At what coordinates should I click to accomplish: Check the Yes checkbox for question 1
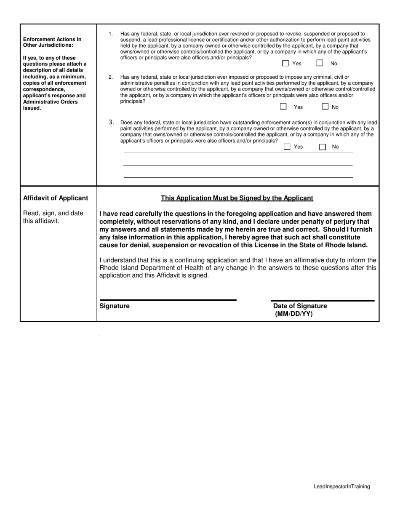(x=285, y=63)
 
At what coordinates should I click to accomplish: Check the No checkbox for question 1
(x=320, y=63)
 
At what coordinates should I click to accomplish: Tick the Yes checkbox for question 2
(x=283, y=107)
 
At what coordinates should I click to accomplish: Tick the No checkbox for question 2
(x=325, y=107)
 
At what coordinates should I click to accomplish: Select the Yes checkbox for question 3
(x=287, y=147)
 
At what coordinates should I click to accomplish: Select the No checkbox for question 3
(x=323, y=147)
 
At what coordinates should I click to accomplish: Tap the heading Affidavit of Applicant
(x=56, y=198)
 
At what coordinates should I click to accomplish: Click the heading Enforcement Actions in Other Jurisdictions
(x=52, y=42)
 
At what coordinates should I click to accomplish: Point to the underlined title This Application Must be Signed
(x=237, y=198)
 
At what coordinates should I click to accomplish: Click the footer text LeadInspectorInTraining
(x=341, y=486)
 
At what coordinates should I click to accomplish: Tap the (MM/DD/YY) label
(x=294, y=314)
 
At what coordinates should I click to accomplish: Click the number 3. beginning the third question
(x=111, y=122)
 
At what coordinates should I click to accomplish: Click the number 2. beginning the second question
(x=111, y=77)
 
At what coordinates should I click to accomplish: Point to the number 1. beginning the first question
(x=111, y=34)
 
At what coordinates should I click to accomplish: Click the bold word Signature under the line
(x=115, y=306)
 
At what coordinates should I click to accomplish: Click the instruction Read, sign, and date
(x=53, y=213)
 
